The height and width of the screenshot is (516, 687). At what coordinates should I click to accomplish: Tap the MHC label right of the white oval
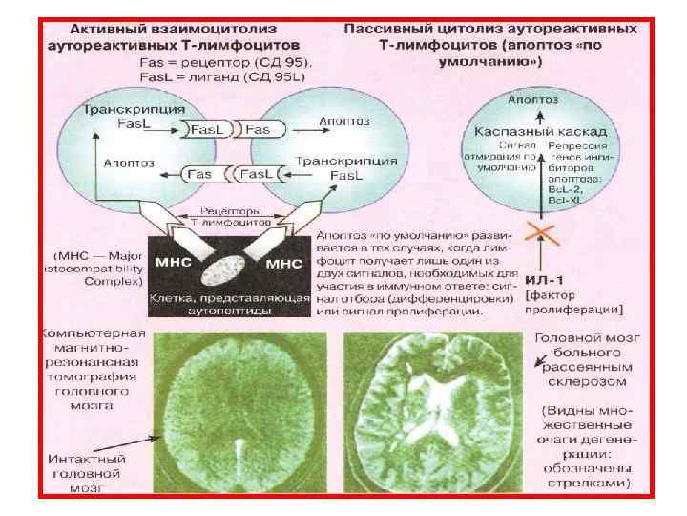(282, 262)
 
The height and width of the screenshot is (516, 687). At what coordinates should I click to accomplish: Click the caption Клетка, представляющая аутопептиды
(230, 304)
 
